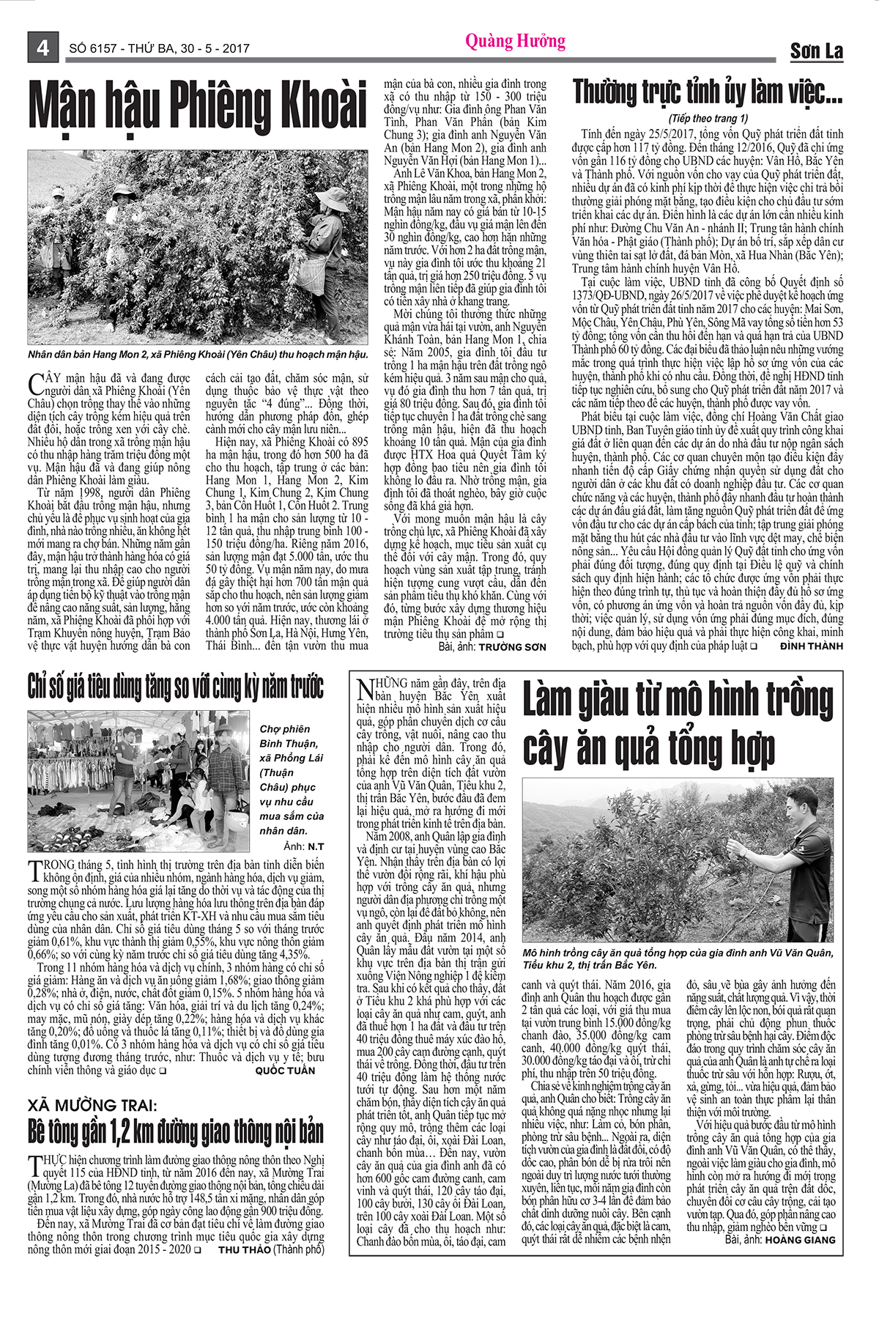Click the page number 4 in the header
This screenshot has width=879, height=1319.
(x=42, y=48)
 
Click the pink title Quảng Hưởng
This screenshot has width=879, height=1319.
(x=515, y=41)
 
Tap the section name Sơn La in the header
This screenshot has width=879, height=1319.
(x=816, y=51)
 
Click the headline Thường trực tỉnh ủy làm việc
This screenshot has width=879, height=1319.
(x=708, y=93)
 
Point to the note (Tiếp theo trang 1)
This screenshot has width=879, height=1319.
(x=708, y=118)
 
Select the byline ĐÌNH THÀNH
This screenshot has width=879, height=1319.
(x=811, y=646)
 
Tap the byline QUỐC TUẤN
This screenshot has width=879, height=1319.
(x=285, y=1071)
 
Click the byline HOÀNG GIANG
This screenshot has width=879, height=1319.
(x=800, y=1240)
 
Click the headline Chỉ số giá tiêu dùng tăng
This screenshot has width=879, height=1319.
(x=176, y=687)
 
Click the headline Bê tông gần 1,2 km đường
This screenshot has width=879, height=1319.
(x=176, y=1132)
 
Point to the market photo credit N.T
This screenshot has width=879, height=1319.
(x=316, y=846)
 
